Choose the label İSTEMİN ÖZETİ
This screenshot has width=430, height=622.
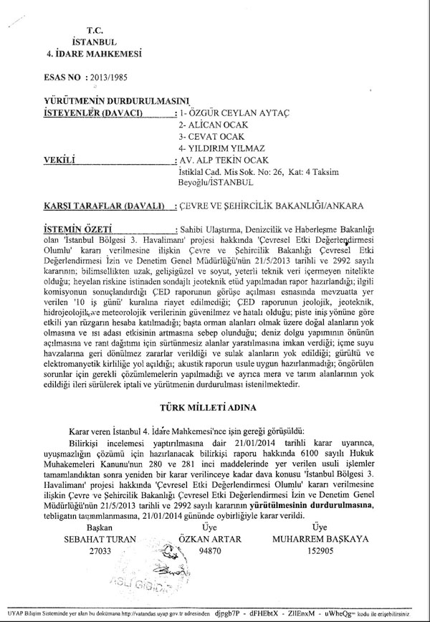[77, 227]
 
